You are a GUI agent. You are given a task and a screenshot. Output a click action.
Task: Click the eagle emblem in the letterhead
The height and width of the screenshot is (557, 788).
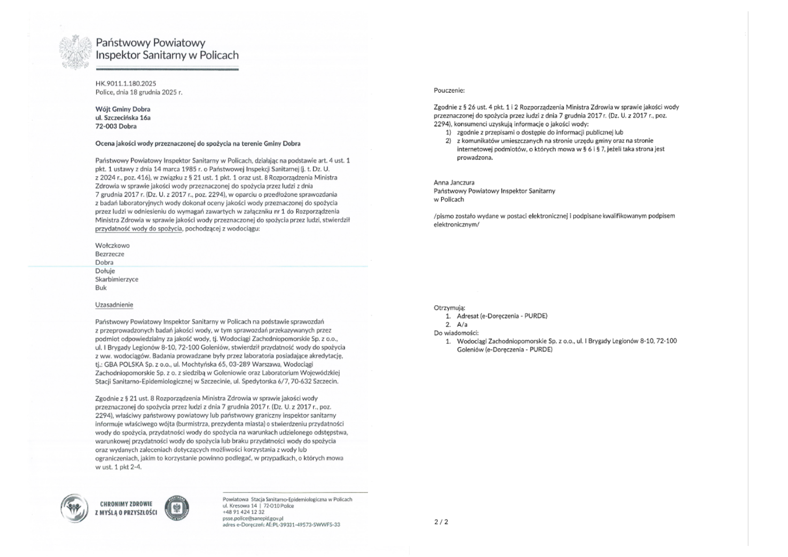(x=75, y=52)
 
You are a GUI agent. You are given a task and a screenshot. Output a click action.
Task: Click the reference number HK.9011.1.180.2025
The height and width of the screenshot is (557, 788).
(x=126, y=84)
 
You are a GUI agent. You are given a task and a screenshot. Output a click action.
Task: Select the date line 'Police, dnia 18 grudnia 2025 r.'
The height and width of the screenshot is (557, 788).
(x=139, y=92)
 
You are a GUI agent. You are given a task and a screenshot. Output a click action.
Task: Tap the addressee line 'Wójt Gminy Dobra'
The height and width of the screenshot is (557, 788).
(x=123, y=109)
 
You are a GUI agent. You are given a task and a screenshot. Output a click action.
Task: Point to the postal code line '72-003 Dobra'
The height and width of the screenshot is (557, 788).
(x=116, y=126)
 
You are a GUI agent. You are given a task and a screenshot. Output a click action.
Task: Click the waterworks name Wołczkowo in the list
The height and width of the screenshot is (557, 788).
(x=112, y=245)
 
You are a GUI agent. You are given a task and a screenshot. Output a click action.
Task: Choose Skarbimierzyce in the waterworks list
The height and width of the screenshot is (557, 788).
(x=117, y=279)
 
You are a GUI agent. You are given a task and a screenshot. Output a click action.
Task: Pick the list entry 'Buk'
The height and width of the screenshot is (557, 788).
(x=101, y=288)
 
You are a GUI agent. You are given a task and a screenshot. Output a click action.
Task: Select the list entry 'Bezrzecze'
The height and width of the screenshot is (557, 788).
(x=110, y=254)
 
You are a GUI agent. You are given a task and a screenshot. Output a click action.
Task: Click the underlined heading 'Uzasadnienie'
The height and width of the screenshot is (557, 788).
(x=114, y=305)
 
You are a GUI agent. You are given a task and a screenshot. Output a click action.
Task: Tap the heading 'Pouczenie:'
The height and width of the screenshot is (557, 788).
(x=449, y=91)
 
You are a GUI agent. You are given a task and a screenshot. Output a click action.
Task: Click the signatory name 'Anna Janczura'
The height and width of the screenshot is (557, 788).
(x=454, y=182)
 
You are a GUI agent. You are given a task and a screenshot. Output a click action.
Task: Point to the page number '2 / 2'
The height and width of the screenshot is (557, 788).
(x=441, y=522)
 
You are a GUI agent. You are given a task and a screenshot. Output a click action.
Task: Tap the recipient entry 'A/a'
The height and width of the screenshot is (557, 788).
(x=462, y=325)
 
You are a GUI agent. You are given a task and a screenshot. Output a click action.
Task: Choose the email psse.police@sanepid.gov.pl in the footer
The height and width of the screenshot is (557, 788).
(x=253, y=518)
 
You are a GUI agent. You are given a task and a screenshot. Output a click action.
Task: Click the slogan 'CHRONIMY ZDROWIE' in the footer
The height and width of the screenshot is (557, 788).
(x=126, y=504)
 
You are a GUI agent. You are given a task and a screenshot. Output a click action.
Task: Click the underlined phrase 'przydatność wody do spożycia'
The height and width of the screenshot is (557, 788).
(x=139, y=228)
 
